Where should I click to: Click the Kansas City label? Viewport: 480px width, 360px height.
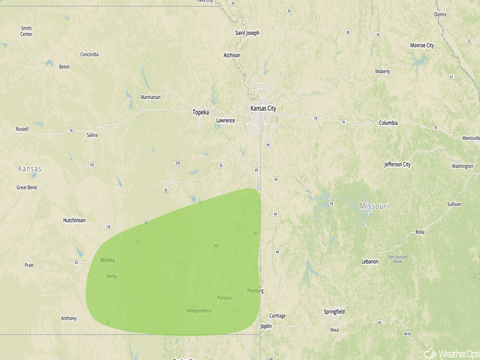pyautogui.click(x=263, y=108)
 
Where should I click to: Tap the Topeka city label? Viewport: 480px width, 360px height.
pyautogui.click(x=201, y=112)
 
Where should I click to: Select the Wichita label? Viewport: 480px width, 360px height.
pyautogui.click(x=108, y=260)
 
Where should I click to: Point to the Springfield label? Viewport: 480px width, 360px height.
pyautogui.click(x=334, y=311)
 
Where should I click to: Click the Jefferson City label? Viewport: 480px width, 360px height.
pyautogui.click(x=397, y=164)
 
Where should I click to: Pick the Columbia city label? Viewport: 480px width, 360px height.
pyautogui.click(x=388, y=123)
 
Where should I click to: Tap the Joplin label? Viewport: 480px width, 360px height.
pyautogui.click(x=266, y=326)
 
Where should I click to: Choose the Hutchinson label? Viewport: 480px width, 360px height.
pyautogui.click(x=75, y=220)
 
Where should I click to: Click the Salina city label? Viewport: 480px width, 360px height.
pyautogui.click(x=92, y=135)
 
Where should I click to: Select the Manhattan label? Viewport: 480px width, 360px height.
pyautogui.click(x=151, y=97)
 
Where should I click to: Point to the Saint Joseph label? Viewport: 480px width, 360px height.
pyautogui.click(x=247, y=33)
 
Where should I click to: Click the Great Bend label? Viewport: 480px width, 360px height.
pyautogui.click(x=27, y=187)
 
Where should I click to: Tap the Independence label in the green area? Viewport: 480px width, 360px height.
pyautogui.click(x=199, y=310)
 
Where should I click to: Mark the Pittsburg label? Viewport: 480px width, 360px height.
pyautogui.click(x=255, y=291)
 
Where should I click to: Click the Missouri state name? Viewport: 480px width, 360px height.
pyautogui.click(x=374, y=206)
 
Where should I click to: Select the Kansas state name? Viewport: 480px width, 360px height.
pyautogui.click(x=30, y=169)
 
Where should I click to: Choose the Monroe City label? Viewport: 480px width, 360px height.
pyautogui.click(x=422, y=45)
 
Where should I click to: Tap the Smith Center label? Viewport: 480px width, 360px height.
pyautogui.click(x=26, y=31)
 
